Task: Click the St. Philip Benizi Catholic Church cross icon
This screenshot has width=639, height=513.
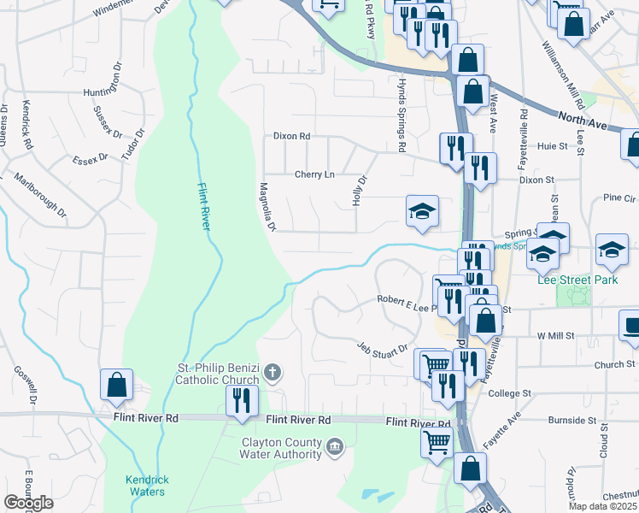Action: click(x=273, y=372)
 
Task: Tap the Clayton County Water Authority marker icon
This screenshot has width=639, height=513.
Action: click(x=336, y=445)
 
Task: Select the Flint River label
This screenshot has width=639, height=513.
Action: click(x=204, y=207)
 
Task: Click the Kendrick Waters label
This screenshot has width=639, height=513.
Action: click(x=144, y=485)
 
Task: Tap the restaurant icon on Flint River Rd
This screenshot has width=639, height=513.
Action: click(x=241, y=400)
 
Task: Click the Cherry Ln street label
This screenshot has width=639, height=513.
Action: click(x=314, y=174)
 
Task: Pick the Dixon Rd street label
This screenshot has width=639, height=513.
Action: click(x=291, y=136)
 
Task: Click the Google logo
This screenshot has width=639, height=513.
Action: click(x=28, y=503)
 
